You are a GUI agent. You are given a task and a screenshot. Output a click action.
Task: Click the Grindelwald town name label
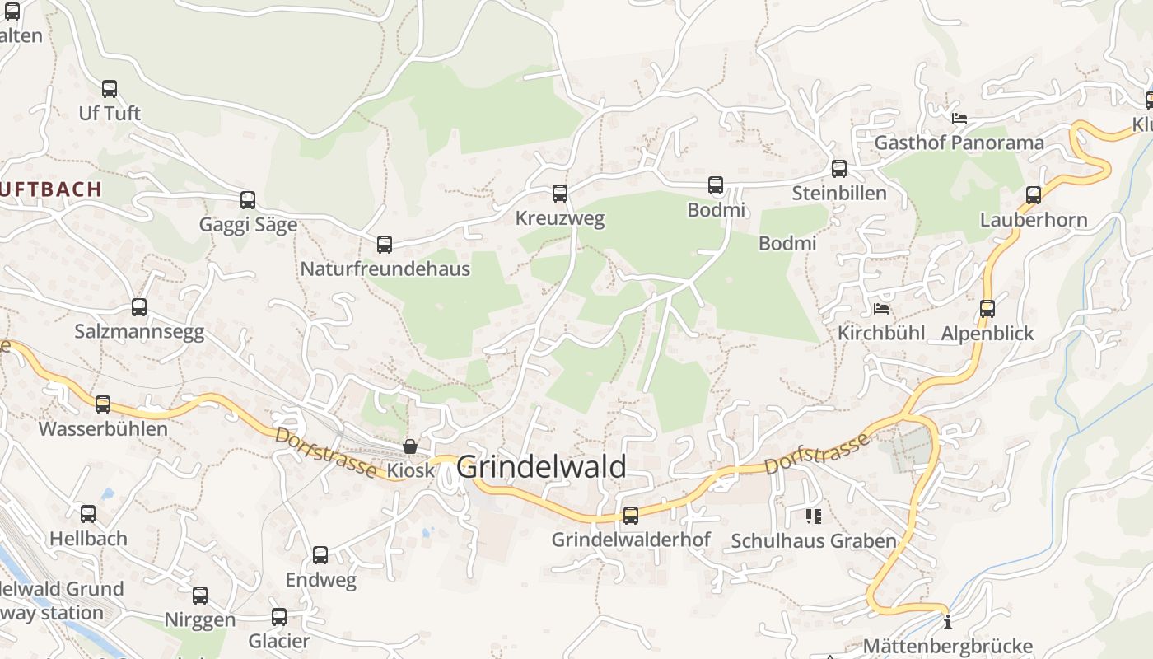tap(541, 467)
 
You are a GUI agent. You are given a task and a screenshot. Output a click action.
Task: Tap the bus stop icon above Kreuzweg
tap(560, 194)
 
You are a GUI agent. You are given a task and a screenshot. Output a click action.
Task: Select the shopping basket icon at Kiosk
tap(410, 446)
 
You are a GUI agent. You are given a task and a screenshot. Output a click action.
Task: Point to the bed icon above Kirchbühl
tap(881, 310)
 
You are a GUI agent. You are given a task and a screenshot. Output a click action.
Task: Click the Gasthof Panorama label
tap(959, 143)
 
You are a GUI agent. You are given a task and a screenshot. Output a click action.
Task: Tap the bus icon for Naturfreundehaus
tap(385, 244)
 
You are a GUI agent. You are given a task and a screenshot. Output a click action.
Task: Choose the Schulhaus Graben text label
tap(814, 541)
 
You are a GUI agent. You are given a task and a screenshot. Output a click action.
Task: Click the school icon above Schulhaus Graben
tap(814, 516)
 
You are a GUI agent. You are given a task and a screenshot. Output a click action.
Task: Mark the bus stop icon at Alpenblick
tap(987, 309)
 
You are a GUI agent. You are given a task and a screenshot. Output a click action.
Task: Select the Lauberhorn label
tap(1034, 220)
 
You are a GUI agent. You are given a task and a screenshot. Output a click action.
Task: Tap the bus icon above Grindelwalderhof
tap(631, 516)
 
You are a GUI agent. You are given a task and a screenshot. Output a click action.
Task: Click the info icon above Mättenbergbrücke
tap(948, 622)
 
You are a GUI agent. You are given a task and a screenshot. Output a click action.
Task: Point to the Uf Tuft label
tap(110, 113)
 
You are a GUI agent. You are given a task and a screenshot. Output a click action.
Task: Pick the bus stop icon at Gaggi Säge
tap(248, 199)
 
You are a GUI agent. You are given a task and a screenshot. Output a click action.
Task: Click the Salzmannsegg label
tap(139, 332)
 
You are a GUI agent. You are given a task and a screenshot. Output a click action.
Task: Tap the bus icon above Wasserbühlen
tap(103, 404)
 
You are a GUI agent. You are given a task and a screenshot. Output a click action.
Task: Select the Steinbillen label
tap(839, 194)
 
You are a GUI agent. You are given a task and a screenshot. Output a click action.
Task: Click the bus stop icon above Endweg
tap(320, 555)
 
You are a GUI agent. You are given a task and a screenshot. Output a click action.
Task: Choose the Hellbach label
tap(88, 539)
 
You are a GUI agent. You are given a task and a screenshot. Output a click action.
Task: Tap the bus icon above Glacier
tap(279, 616)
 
